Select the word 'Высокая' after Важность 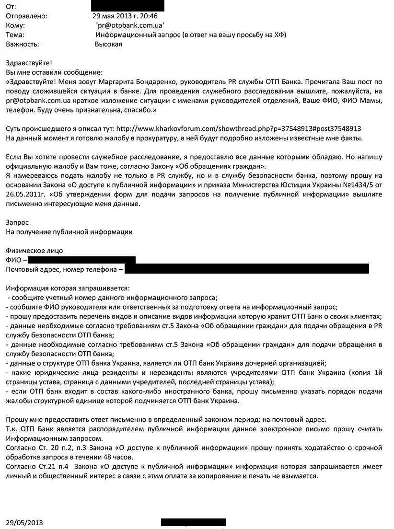tap(108, 45)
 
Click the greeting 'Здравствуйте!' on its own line tap(28, 63)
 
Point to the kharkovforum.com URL tap(239, 129)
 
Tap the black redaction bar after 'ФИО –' tap(81, 260)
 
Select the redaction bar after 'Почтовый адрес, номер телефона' tap(246, 269)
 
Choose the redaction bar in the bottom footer tap(193, 522)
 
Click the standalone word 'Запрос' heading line tap(17, 222)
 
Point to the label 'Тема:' tap(15, 35)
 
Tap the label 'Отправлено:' tap(26, 16)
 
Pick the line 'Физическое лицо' tap(34, 251)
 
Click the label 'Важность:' tap(22, 45)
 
